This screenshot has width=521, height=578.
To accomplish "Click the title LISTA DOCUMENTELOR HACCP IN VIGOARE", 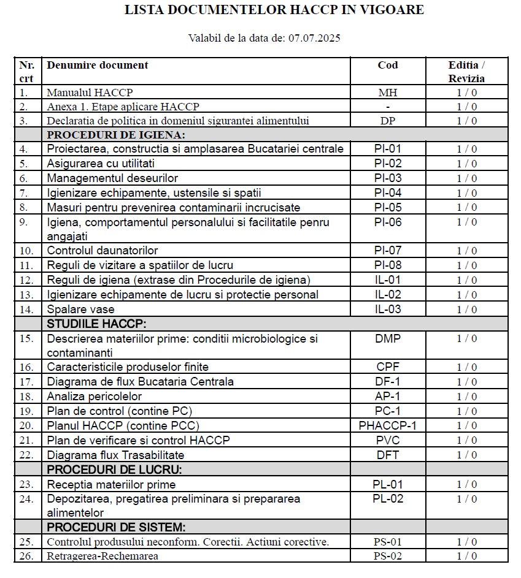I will click(x=274, y=10).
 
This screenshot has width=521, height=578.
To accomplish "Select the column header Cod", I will click(x=387, y=65).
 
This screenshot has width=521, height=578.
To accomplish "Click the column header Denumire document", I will click(x=98, y=65).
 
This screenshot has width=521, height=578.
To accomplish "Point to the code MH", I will click(x=387, y=93).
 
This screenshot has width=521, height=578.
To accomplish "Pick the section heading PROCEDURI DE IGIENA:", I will click(x=116, y=135).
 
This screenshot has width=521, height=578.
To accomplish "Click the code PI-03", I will click(x=387, y=178).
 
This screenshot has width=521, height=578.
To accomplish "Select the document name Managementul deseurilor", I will click(x=112, y=178).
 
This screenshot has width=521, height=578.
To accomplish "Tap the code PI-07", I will click(x=387, y=250).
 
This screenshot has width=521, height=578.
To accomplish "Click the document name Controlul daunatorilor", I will click(x=102, y=250).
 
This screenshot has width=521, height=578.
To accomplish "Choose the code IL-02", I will click(x=387, y=294).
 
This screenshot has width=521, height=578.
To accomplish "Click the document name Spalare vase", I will click(x=80, y=309).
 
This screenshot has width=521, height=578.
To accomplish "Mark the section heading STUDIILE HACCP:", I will click(x=97, y=324).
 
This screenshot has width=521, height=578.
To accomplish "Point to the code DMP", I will click(x=387, y=338).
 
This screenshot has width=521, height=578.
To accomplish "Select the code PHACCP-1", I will click(x=387, y=425).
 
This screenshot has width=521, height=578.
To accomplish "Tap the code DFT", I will click(x=387, y=455).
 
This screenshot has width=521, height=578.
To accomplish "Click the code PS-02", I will click(x=387, y=556).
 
